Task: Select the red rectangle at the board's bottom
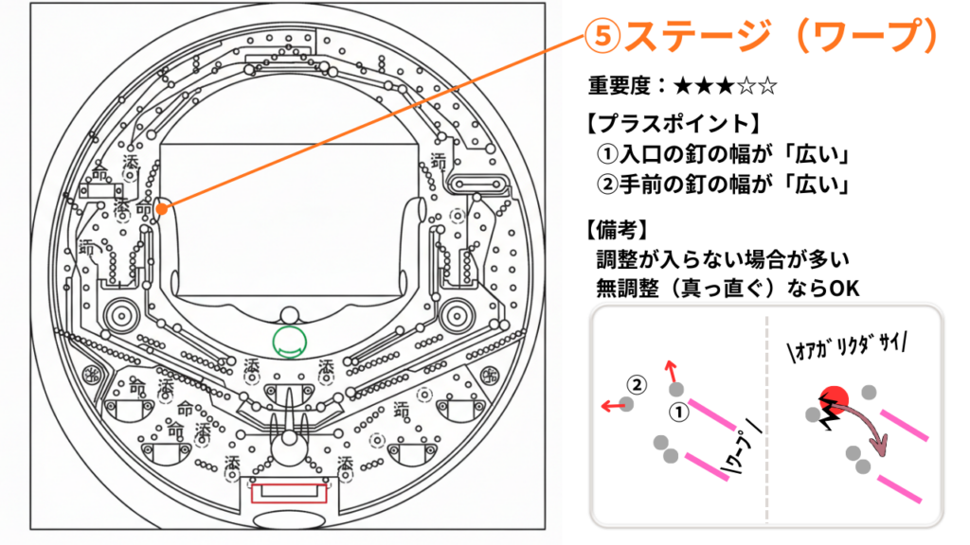[288, 492]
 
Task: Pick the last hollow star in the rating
[768, 86]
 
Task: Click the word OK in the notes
[842, 287]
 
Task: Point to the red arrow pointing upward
[672, 370]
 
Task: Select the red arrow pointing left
[612, 405]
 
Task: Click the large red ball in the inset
[832, 399]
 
